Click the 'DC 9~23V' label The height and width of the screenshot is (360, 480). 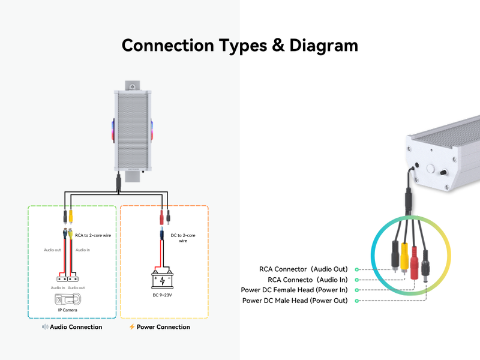(163, 295)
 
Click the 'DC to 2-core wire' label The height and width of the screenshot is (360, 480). (183, 238)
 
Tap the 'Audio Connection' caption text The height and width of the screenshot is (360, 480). (76, 327)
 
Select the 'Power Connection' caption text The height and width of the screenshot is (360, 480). (163, 327)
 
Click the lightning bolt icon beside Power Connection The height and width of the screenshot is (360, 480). (132, 327)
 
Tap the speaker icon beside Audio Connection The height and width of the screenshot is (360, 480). (45, 327)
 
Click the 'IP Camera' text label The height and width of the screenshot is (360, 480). (67, 310)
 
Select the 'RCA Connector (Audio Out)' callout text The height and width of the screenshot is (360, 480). (303, 269)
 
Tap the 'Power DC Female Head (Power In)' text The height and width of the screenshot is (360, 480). (294, 290)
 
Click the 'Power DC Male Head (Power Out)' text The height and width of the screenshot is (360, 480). (295, 301)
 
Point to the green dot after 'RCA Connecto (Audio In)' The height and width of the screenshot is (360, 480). (356, 280)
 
